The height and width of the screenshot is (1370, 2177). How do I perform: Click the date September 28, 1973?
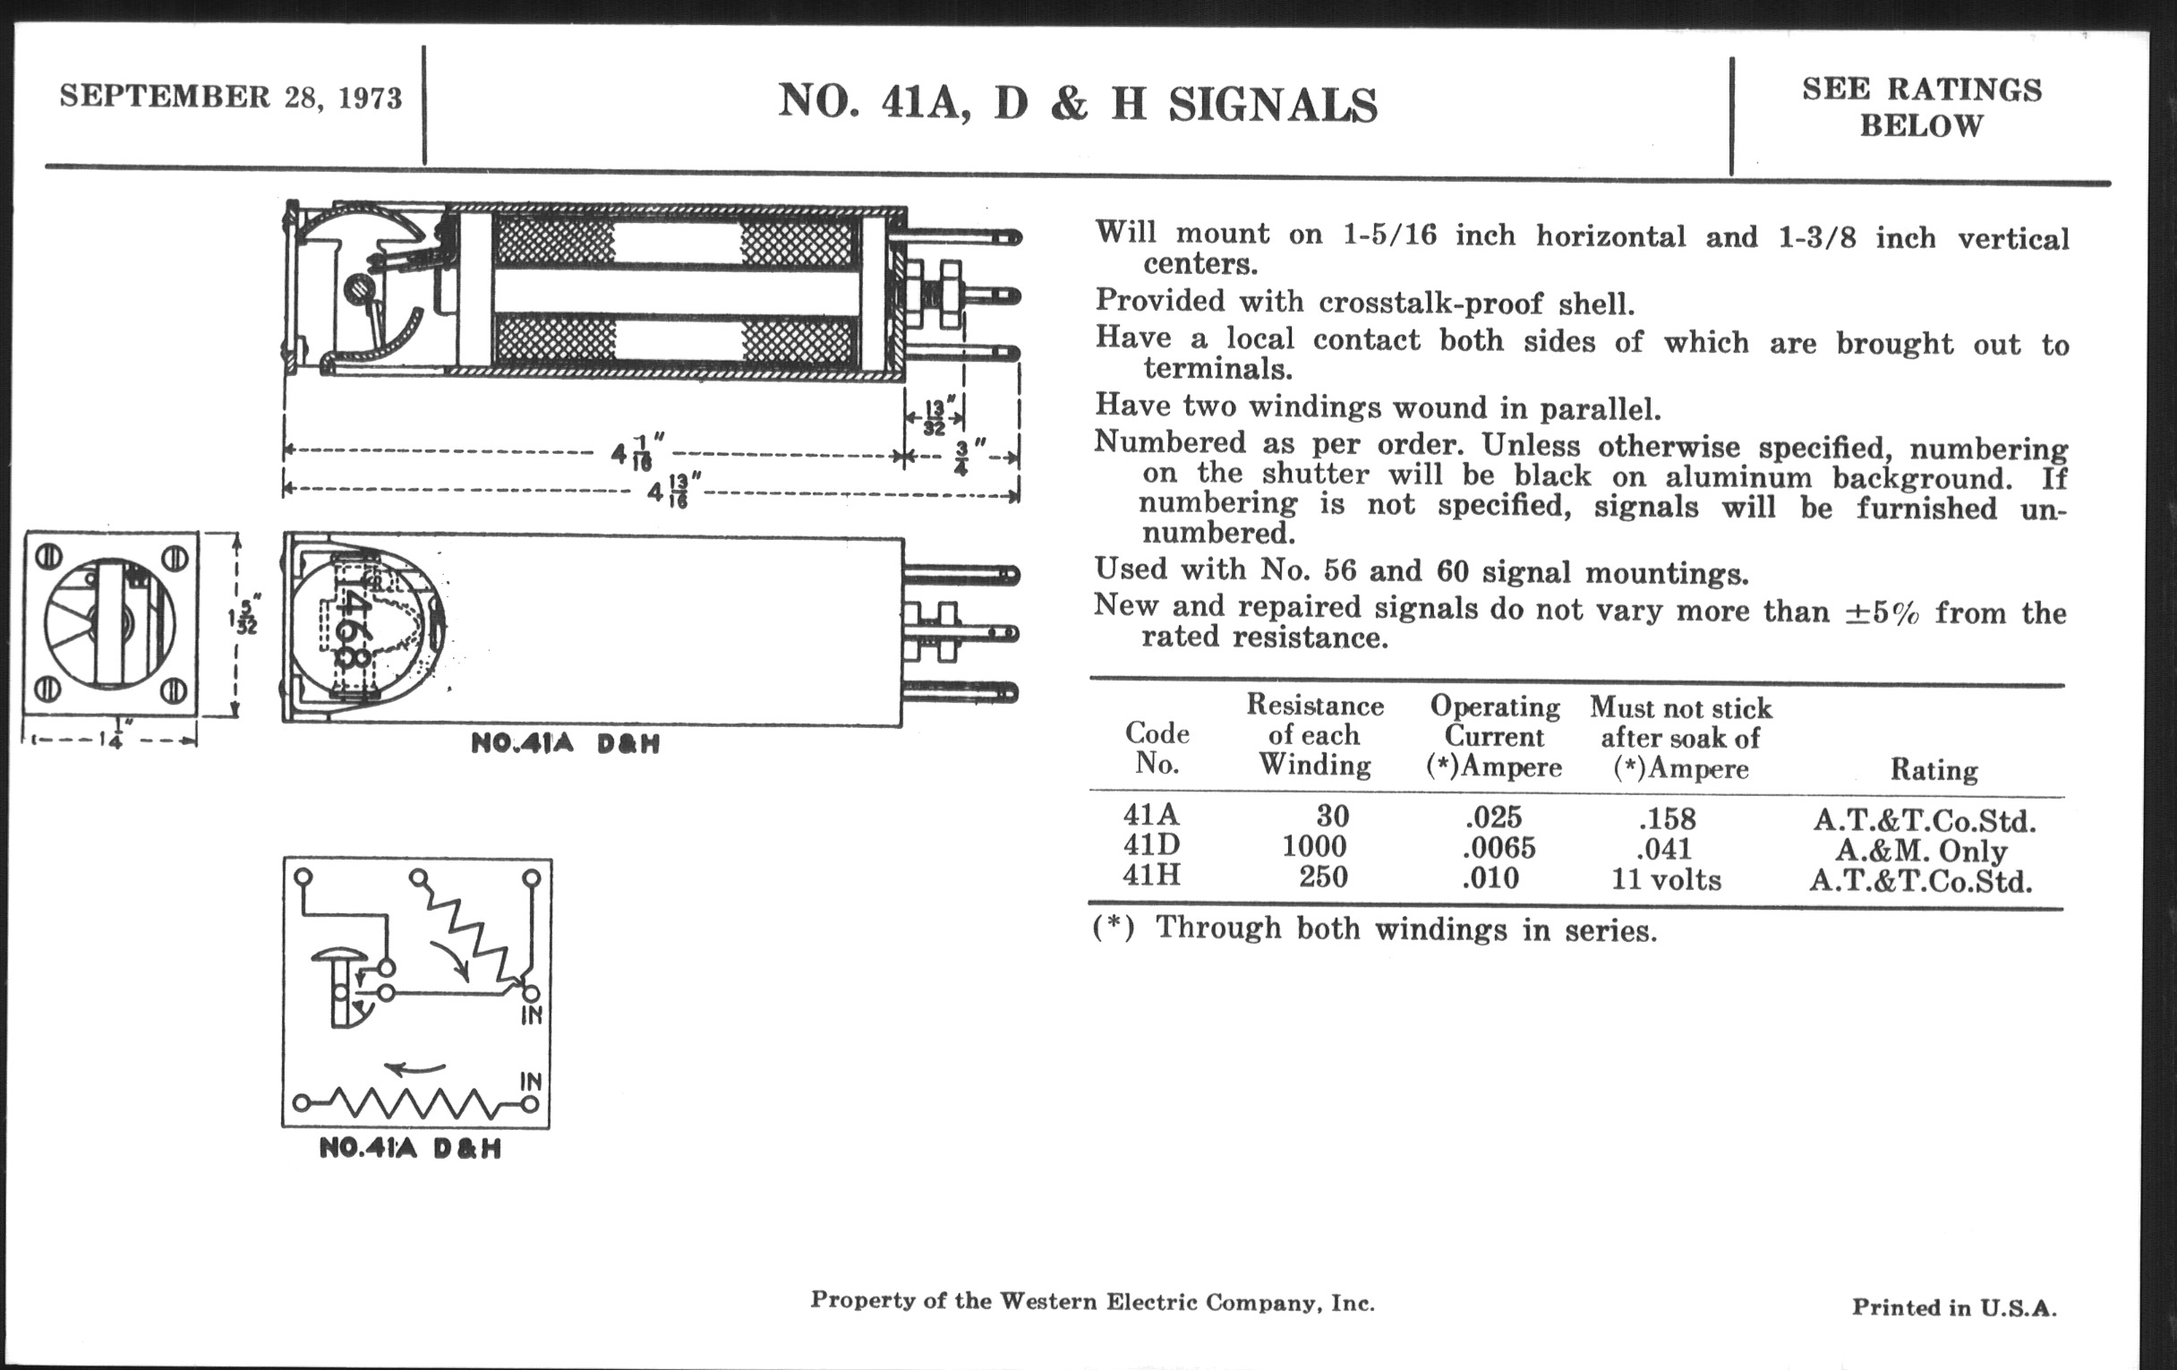tap(231, 97)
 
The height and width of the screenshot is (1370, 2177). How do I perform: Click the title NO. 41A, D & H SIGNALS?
tap(1078, 103)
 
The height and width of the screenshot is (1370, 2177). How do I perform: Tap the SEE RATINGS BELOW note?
tap(1921, 107)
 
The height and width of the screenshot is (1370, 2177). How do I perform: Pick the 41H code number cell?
tap(1151, 877)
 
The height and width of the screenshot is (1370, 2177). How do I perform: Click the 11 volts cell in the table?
tap(1666, 879)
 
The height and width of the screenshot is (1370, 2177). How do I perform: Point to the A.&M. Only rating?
tap(1921, 851)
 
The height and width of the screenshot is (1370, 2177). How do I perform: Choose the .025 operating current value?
tap(1493, 818)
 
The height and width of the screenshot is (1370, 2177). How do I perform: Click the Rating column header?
tap(1934, 769)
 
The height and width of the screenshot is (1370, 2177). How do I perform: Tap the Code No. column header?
tap(1157, 748)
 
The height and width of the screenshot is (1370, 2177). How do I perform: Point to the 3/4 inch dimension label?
tap(962, 457)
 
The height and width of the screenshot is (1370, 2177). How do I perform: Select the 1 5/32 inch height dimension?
tap(245, 614)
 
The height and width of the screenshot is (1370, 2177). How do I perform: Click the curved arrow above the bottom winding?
tap(416, 1068)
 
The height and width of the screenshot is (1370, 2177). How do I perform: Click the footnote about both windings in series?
tap(1374, 929)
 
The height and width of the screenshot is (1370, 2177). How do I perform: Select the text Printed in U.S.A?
tap(1954, 1306)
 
